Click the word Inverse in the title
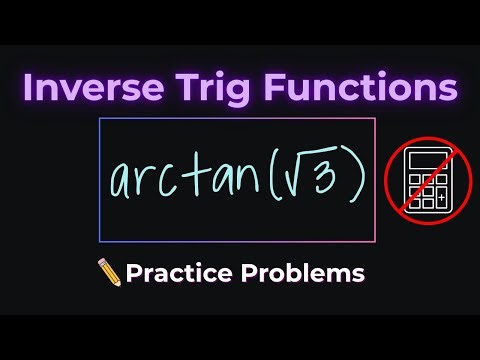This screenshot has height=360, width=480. pos(89,87)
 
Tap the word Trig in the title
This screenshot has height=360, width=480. pos(214,88)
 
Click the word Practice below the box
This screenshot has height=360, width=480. pos(176,272)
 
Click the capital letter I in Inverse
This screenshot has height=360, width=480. pos(29,87)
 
